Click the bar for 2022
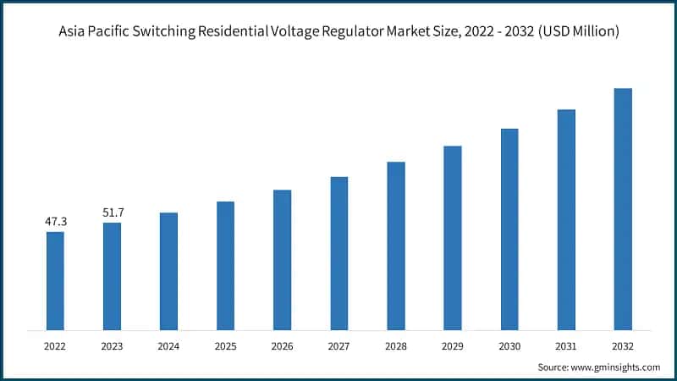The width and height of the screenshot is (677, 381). (55, 280)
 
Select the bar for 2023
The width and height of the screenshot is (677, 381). (112, 276)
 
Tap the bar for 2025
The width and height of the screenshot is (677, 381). (225, 265)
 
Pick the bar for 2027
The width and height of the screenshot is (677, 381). (338, 253)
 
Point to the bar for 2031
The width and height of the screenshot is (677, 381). (566, 219)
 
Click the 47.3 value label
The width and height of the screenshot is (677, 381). (56, 222)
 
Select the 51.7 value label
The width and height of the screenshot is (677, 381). (113, 213)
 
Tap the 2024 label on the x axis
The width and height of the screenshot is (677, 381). (168, 346)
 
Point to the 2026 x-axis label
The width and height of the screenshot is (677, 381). (282, 346)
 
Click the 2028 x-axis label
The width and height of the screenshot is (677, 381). (396, 346)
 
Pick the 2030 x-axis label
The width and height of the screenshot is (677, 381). (509, 346)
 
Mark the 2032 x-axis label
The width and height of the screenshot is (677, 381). (623, 346)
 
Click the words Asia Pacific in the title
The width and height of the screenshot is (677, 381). (102, 32)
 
